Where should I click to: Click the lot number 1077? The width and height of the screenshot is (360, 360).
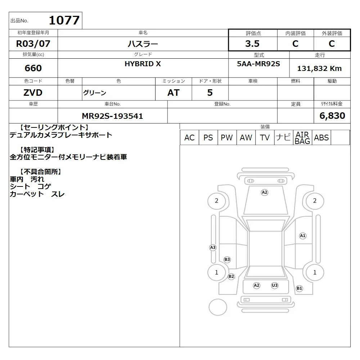(x=64, y=20)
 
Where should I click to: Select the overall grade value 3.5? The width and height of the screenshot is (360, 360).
(x=252, y=44)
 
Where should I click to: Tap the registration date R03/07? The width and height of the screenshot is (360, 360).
(x=33, y=44)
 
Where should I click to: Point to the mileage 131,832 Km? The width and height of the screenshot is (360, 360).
(x=319, y=68)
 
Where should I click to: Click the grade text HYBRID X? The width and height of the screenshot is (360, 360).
(x=143, y=64)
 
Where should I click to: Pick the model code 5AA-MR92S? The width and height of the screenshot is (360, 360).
(x=258, y=64)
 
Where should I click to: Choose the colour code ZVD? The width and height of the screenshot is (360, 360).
(x=33, y=93)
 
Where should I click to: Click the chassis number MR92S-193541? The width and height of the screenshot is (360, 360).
(x=112, y=116)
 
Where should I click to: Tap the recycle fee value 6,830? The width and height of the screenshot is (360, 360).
(x=332, y=116)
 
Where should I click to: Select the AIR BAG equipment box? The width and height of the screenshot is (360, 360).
(x=302, y=138)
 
